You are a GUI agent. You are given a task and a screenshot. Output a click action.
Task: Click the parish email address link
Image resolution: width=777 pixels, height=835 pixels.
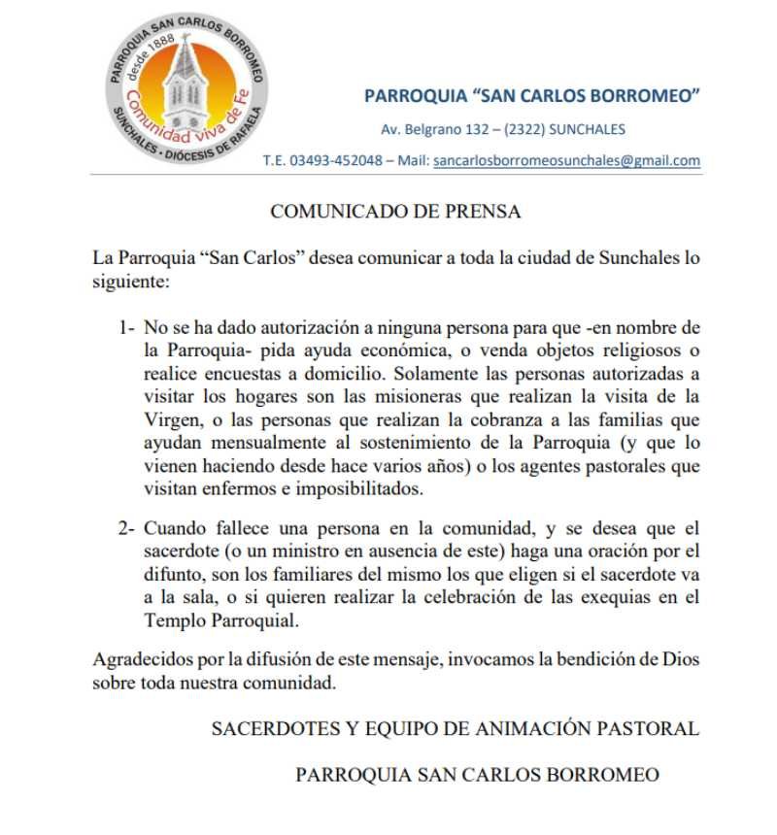pos(567,161)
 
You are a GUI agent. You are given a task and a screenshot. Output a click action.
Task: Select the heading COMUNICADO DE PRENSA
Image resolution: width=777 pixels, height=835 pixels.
pos(395,211)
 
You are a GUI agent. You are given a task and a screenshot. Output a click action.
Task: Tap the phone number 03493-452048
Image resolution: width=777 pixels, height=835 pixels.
pos(336,161)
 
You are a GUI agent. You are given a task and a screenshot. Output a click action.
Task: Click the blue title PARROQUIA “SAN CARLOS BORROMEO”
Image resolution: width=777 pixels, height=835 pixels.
pos(532,96)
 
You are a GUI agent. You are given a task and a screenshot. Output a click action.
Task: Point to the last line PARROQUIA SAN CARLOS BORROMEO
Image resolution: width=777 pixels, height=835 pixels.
pos(477,775)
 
